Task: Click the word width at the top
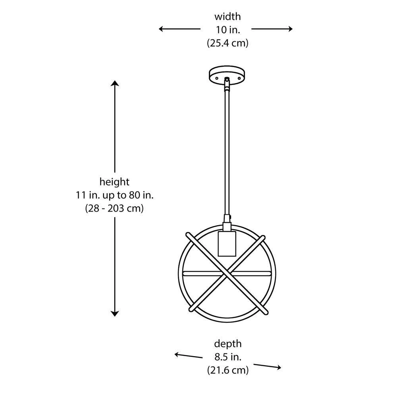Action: coord(227,17)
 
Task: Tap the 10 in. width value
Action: coord(227,30)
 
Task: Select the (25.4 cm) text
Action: coord(227,43)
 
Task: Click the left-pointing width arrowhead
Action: coord(161,29)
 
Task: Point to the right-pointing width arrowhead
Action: coord(290,29)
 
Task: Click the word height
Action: coord(114,182)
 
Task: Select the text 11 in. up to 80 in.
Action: coord(115,195)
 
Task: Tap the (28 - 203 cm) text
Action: coord(114,208)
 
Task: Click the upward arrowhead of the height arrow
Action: coord(115,83)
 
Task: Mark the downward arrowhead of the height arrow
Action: coord(115,314)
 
